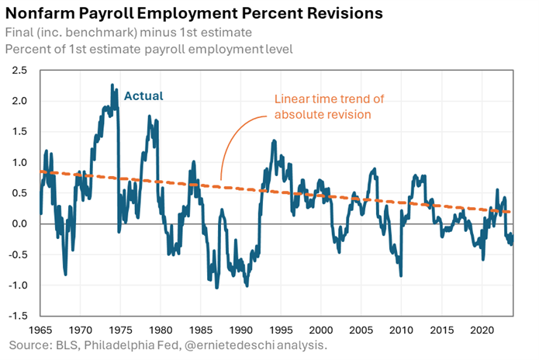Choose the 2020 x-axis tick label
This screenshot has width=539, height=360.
click(482, 328)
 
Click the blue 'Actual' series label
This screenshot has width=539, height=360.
click(144, 97)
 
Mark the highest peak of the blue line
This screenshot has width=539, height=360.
click(113, 85)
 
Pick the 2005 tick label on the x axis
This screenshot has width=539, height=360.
click(362, 328)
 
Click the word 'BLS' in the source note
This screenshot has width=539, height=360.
click(72, 344)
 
